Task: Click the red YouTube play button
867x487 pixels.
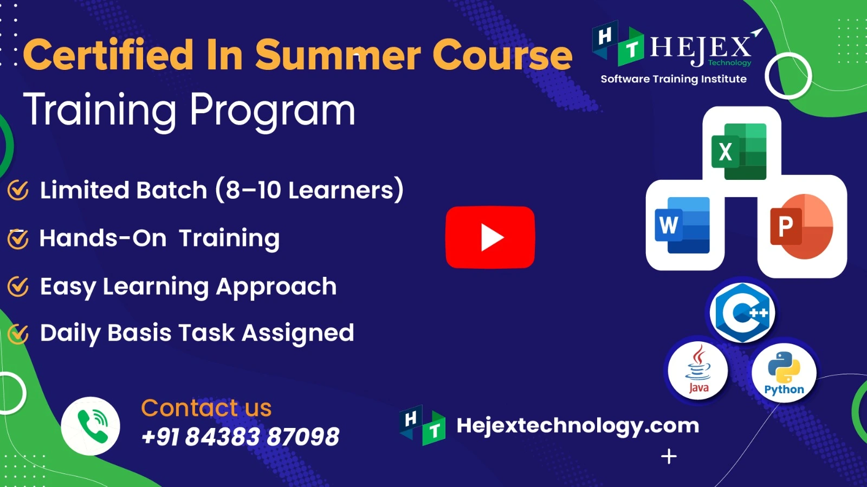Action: [x=490, y=237]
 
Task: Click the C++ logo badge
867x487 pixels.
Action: [x=742, y=313]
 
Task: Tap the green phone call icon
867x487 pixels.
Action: [x=90, y=426]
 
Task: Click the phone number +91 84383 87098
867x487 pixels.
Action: [x=240, y=437]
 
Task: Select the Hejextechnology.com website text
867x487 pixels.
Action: [x=578, y=426]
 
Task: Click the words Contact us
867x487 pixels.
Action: [x=206, y=408]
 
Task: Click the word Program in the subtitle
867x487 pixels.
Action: [x=272, y=111]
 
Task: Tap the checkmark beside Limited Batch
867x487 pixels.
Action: [x=18, y=190]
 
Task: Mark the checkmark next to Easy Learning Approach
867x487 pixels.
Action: [x=18, y=287]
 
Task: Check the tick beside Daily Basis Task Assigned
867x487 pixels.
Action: [x=18, y=334]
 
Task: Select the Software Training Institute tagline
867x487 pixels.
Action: [x=674, y=79]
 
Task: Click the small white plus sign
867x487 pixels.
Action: [x=669, y=457]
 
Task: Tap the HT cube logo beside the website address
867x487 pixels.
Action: [x=423, y=425]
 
